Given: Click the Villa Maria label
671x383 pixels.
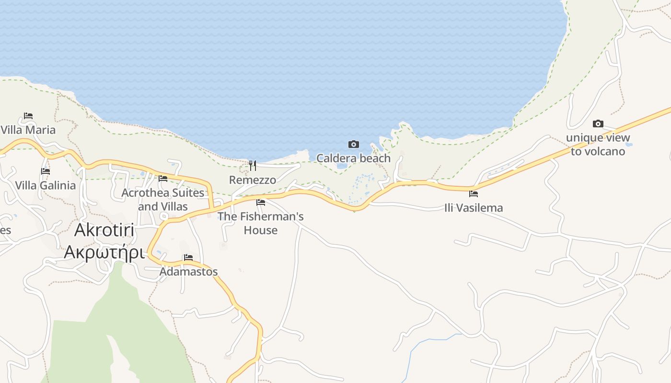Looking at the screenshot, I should (28, 130).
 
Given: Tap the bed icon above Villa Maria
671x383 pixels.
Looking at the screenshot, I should (28, 116).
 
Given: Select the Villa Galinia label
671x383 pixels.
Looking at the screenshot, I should (45, 185).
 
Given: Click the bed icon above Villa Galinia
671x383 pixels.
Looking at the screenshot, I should (46, 171).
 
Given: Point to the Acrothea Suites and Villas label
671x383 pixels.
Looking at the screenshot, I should (163, 200).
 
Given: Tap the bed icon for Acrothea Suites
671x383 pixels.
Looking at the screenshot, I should (163, 179).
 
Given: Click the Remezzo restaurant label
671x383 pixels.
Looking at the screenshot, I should (253, 180).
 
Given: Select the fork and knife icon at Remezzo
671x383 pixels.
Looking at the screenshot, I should (253, 166).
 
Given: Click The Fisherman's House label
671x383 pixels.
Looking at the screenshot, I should (261, 223).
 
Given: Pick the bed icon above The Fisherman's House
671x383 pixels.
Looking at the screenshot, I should (261, 203).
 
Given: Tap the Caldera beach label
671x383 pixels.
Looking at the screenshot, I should (353, 158).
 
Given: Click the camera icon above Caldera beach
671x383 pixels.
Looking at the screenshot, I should (353, 144).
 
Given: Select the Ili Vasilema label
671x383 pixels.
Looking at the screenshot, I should (474, 208).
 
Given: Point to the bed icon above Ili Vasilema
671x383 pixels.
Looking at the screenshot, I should (474, 194).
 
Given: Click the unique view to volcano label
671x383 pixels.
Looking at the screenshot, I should (598, 145).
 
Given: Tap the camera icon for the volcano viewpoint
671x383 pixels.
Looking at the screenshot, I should (598, 124).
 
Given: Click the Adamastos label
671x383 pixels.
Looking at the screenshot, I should (188, 271).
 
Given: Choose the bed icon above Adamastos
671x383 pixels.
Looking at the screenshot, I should (188, 258).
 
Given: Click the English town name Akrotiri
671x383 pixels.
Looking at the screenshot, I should (104, 231).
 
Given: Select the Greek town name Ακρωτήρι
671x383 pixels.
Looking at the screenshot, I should (104, 252).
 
